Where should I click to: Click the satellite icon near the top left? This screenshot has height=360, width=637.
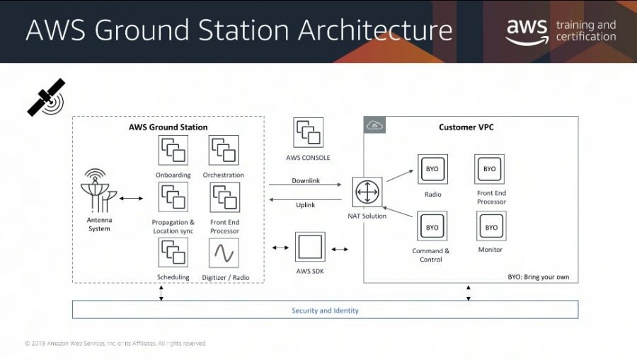(x=46, y=98)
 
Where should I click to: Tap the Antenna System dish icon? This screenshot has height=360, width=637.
(x=98, y=191)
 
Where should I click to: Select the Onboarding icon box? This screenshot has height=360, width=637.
(x=173, y=150)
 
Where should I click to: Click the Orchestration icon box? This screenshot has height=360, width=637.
(x=224, y=150)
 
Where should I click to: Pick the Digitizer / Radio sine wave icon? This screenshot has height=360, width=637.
(x=224, y=253)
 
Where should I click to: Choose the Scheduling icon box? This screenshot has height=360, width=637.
(x=173, y=252)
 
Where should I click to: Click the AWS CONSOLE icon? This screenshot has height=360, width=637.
(x=309, y=133)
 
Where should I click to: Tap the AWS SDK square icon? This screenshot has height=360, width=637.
(x=310, y=247)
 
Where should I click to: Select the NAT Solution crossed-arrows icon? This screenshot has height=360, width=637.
(x=367, y=192)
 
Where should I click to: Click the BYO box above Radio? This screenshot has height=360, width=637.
(x=432, y=169)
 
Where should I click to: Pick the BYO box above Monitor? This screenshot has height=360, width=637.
(x=491, y=226)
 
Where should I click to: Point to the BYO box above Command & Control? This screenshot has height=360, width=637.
(x=432, y=226)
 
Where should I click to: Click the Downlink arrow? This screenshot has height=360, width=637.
(x=305, y=185)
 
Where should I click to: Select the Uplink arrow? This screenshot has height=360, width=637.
(x=305, y=199)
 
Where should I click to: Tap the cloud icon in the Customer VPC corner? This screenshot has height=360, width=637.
(x=374, y=125)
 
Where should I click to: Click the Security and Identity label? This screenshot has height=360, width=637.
(x=325, y=310)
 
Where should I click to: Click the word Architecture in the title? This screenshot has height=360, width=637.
(x=375, y=30)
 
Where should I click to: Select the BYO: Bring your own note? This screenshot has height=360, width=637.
(x=539, y=277)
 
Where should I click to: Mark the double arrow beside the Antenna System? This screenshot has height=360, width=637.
(x=131, y=199)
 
